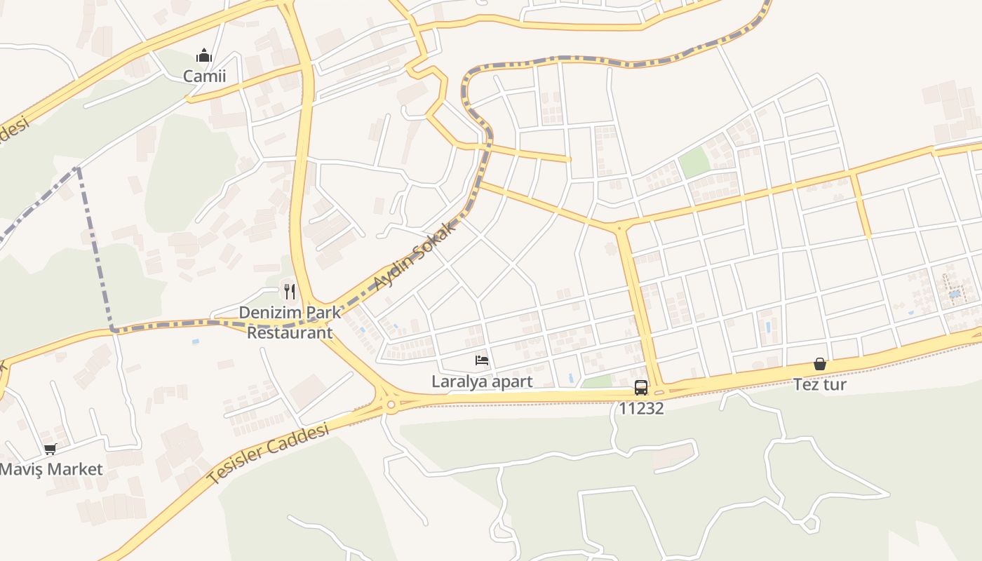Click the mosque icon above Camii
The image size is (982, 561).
pyautogui.click(x=204, y=55)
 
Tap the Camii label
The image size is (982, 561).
pyautogui.click(x=205, y=76)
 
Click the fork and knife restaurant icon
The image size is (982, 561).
pyautogui.click(x=290, y=291)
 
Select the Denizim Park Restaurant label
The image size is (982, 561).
pyautogui.click(x=290, y=322)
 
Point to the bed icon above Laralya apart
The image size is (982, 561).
pyautogui.click(x=482, y=360)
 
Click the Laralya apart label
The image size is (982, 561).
pyautogui.click(x=482, y=381)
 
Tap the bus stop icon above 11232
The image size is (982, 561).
pyautogui.click(x=641, y=387)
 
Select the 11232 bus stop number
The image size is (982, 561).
pyautogui.click(x=641, y=408)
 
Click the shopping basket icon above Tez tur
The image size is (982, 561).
pyautogui.click(x=820, y=364)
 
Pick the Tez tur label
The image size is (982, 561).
pyautogui.click(x=820, y=384)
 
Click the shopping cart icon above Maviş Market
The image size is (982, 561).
pyautogui.click(x=50, y=449)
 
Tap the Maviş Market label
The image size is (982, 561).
pyautogui.click(x=51, y=469)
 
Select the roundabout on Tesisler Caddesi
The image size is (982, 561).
pyautogui.click(x=391, y=405)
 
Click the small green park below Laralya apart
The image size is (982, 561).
pyautogui.click(x=597, y=381)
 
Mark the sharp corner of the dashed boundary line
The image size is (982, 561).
pyautogui.click(x=112, y=329)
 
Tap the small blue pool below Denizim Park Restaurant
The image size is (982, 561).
pyautogui.click(x=195, y=342)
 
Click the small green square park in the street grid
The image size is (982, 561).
pyautogui.click(x=694, y=163)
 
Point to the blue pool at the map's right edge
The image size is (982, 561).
pyautogui.click(x=955, y=293)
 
